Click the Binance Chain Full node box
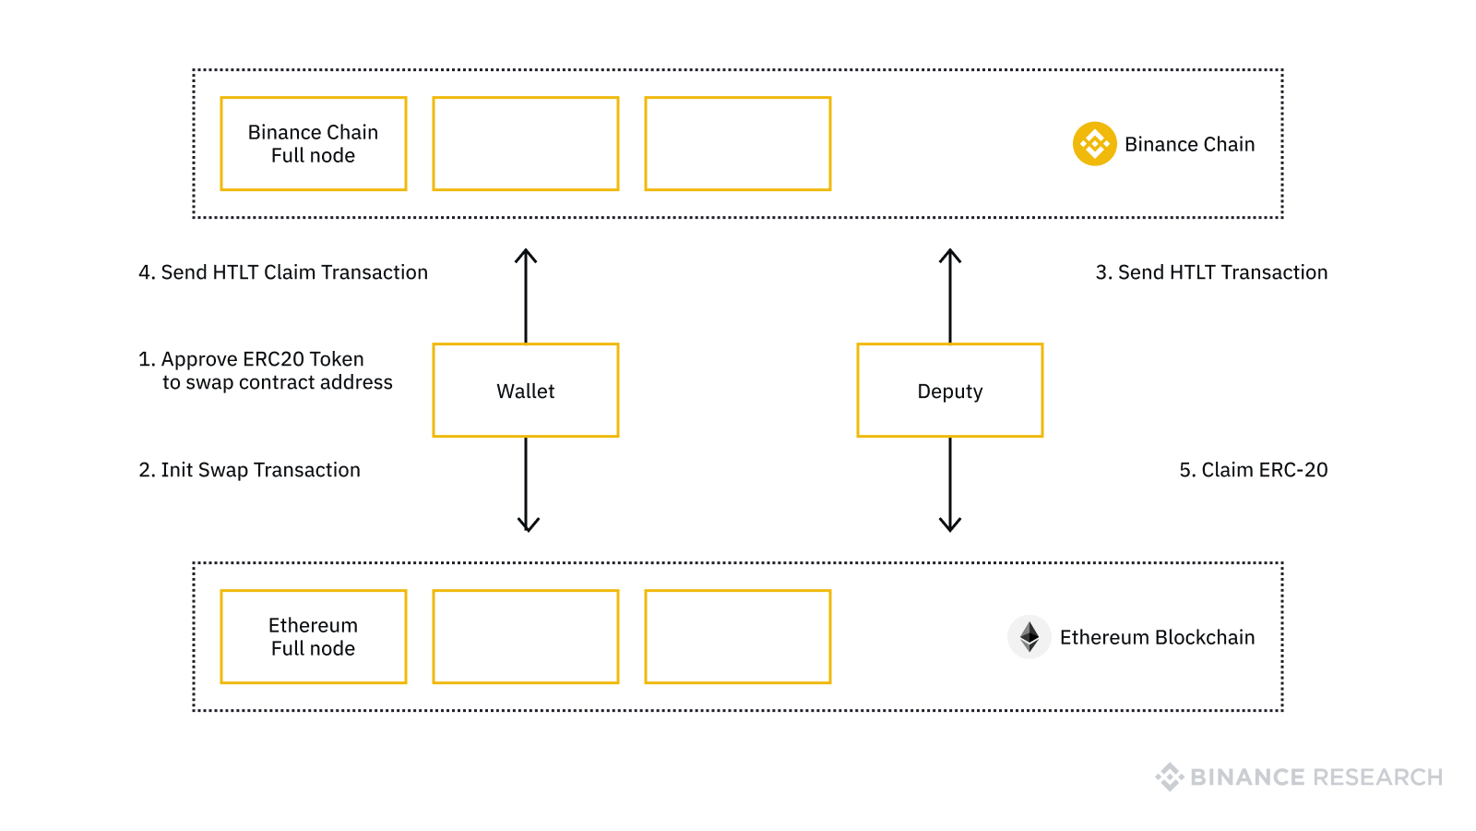coord(314,144)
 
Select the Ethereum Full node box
coord(314,637)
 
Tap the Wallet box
coord(526,391)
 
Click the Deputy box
coord(950,391)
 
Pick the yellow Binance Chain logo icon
coord(1094,144)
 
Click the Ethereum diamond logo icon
coord(1030,637)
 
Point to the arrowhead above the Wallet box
coord(526,256)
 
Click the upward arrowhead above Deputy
coord(950,256)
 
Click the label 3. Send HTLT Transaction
coord(1211,272)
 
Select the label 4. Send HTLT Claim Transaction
coord(283,272)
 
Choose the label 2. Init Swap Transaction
coord(249,470)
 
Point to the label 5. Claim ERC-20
coord(1253,470)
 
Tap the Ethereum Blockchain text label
coord(1157,637)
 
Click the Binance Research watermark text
coord(1315,777)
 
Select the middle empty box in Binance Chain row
coord(526,144)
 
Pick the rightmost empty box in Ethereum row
coord(738,637)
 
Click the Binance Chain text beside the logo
coord(1189,144)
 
